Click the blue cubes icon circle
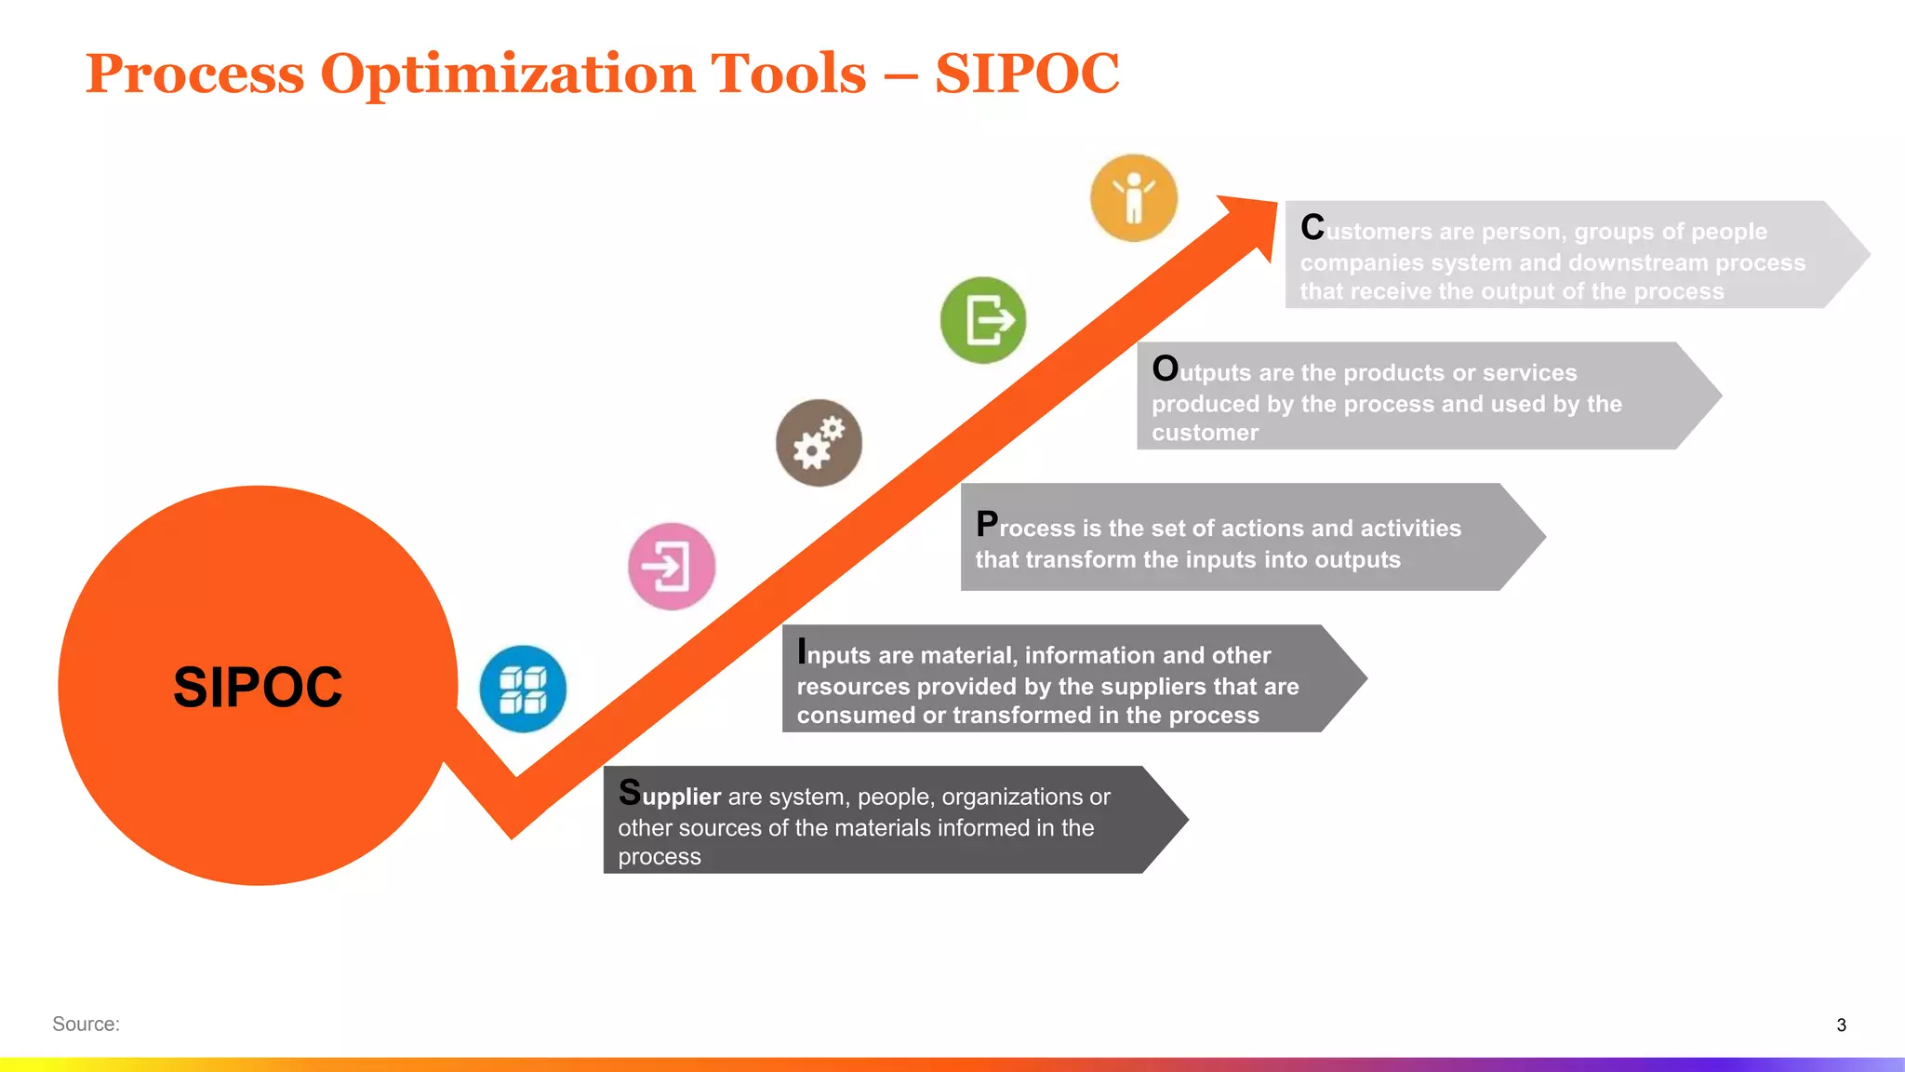pyautogui.click(x=523, y=689)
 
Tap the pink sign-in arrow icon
pyautogui.click(x=672, y=566)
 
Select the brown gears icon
pyautogui.click(x=819, y=443)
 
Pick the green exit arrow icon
pyautogui.click(x=983, y=320)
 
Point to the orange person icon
pyautogui.click(x=1134, y=198)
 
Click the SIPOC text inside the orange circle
pyautogui.click(x=258, y=688)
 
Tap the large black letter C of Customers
pyautogui.click(x=1312, y=227)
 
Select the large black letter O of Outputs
pyautogui.click(x=1165, y=368)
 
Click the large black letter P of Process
pyautogui.click(x=987, y=524)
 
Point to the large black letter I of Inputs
pyautogui.click(x=802, y=651)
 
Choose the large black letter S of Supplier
pyautogui.click(x=630, y=792)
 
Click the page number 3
pyautogui.click(x=1841, y=1025)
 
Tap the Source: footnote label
pyautogui.click(x=86, y=1024)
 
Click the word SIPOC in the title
pyautogui.click(x=1027, y=74)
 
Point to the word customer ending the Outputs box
pyautogui.click(x=1205, y=433)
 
